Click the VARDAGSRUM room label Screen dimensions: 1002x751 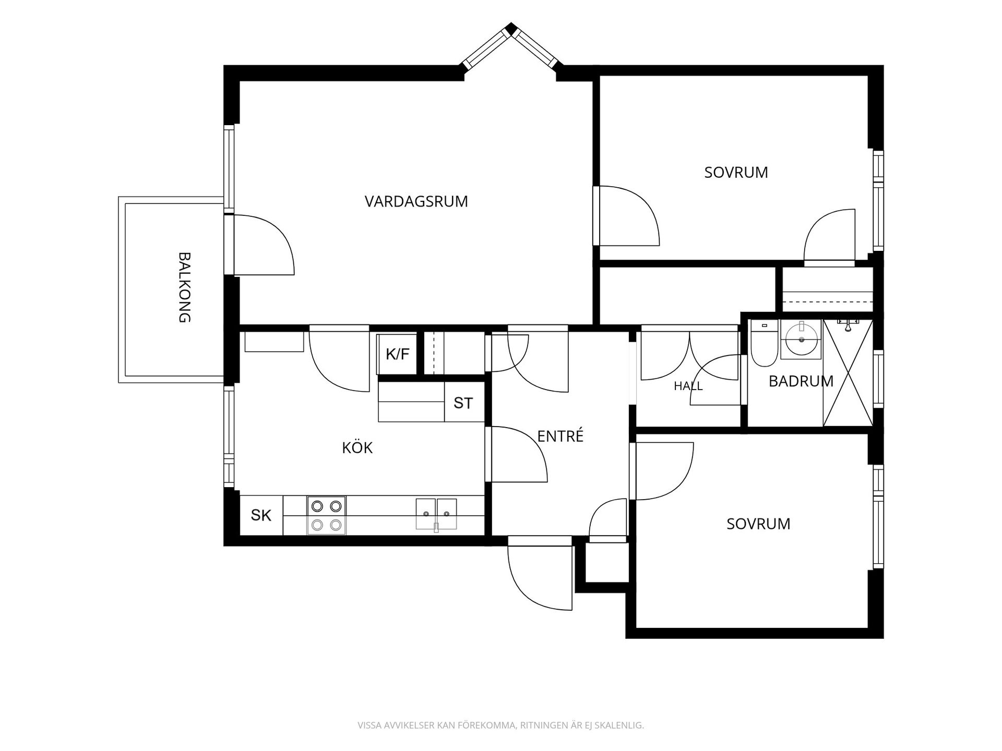pyautogui.click(x=416, y=202)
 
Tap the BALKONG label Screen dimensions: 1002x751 pyautogui.click(x=185, y=287)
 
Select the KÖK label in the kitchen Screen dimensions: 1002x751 pyautogui.click(x=357, y=447)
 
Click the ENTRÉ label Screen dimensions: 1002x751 pyautogui.click(x=560, y=436)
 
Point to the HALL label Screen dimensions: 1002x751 pyautogui.click(x=688, y=386)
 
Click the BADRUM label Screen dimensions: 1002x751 pyautogui.click(x=801, y=381)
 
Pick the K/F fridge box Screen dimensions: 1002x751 pyautogui.click(x=397, y=355)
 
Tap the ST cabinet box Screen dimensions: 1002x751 pyautogui.click(x=464, y=402)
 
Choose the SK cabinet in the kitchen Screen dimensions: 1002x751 pyautogui.click(x=261, y=515)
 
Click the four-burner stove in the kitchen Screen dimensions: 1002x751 pyautogui.click(x=327, y=515)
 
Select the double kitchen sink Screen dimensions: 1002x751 pyautogui.click(x=436, y=515)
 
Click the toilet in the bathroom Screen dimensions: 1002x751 pyautogui.click(x=764, y=344)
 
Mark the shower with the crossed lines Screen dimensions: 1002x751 pyautogui.click(x=848, y=373)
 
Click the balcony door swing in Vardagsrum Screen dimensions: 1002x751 pyautogui.click(x=264, y=245)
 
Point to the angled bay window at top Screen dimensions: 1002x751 pyautogui.click(x=511, y=45)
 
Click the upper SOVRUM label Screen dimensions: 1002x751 pyautogui.click(x=736, y=173)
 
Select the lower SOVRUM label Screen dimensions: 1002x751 pyautogui.click(x=758, y=524)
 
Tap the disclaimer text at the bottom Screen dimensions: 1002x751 pyautogui.click(x=500, y=725)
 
